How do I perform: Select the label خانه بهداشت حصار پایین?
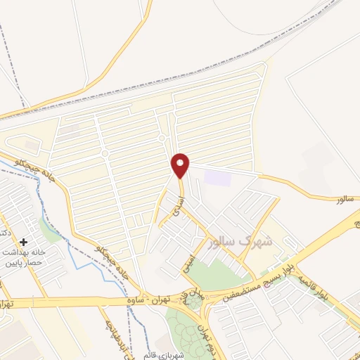point(25,257)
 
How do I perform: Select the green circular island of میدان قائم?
point(191,302)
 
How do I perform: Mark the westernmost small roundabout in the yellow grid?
point(104,153)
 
